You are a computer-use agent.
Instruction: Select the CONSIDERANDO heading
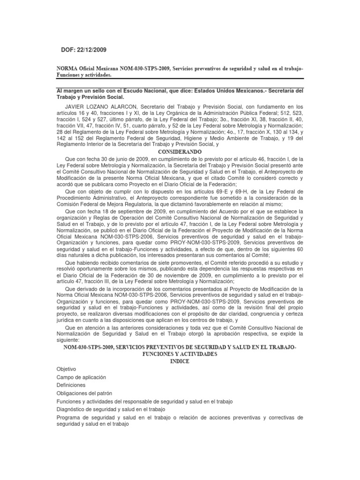click(x=180, y=152)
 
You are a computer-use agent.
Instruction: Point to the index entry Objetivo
click(x=66, y=369)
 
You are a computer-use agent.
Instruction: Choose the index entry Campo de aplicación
click(x=81, y=377)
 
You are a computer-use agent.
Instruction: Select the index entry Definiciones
click(x=71, y=385)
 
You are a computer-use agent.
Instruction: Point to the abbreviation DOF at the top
click(x=68, y=50)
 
